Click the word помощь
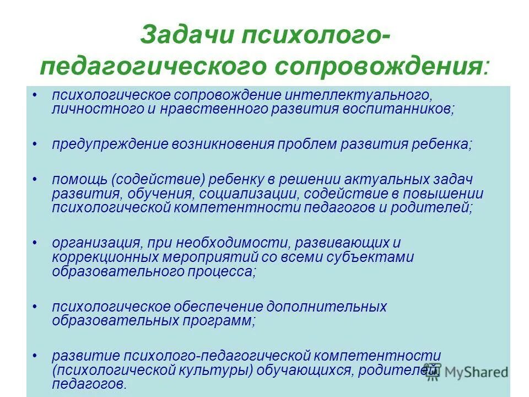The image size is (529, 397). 78,180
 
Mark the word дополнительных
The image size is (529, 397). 327,307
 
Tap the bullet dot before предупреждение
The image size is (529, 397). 35,144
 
